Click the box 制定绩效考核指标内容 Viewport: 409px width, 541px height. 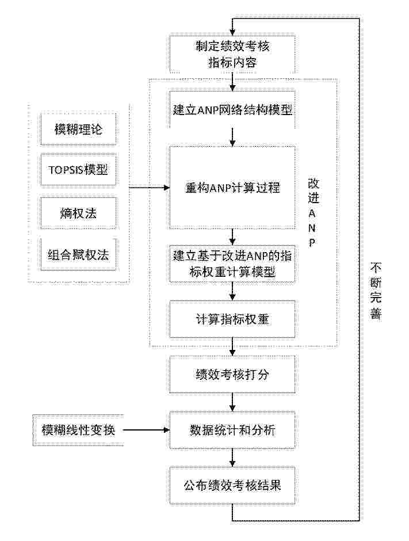point(232,54)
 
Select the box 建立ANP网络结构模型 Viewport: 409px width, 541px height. point(232,110)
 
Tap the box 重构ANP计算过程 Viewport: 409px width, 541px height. point(232,188)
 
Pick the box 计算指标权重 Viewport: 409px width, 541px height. point(232,319)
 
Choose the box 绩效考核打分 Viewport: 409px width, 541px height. point(232,374)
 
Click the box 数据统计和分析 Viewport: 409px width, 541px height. point(232,430)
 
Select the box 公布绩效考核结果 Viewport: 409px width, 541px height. point(232,485)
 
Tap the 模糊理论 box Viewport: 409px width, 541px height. point(78,129)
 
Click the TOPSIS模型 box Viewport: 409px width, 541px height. point(78,170)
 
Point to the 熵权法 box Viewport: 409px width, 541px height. point(78,214)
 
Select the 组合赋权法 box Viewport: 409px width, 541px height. point(78,254)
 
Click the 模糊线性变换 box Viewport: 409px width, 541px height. point(78,430)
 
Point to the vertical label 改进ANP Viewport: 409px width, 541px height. point(313,213)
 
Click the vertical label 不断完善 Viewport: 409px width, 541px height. point(376,291)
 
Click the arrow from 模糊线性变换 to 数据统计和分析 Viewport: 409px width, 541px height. point(147,430)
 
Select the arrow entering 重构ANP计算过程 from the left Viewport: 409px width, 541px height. point(150,188)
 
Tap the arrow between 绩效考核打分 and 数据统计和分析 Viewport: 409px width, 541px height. point(233,402)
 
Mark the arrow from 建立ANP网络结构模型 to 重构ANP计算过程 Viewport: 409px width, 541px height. point(233,138)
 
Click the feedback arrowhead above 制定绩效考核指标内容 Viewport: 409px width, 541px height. point(233,32)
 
